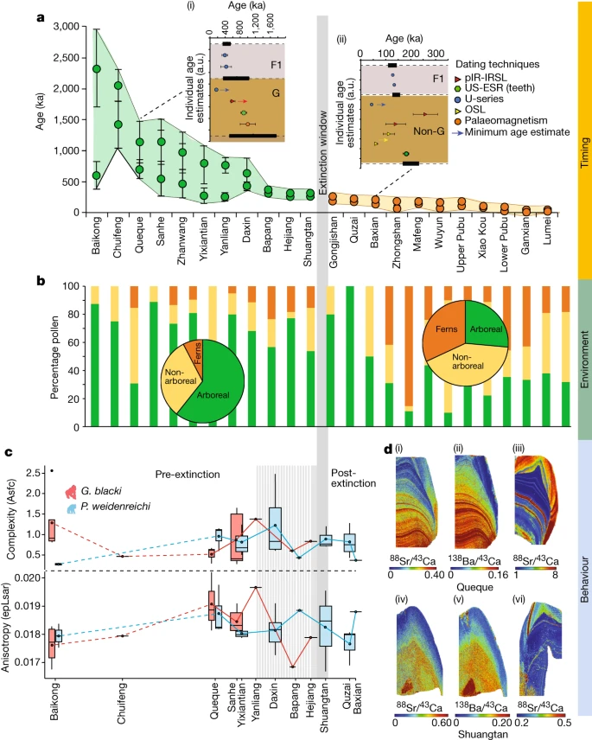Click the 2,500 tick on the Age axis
(66, 58)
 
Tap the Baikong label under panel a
(96, 235)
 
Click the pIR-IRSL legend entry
(481, 78)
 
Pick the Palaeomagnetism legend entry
(501, 121)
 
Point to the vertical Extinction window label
(322, 153)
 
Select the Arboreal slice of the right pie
(486, 327)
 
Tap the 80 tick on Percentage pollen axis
(72, 315)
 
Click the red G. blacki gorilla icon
(71, 492)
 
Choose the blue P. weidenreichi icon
(71, 508)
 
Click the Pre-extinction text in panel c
(188, 475)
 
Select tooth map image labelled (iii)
(537, 502)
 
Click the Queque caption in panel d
(475, 587)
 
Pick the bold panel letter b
(41, 280)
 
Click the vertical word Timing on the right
(585, 153)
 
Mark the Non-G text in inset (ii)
(429, 131)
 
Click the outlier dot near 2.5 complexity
(52, 470)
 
